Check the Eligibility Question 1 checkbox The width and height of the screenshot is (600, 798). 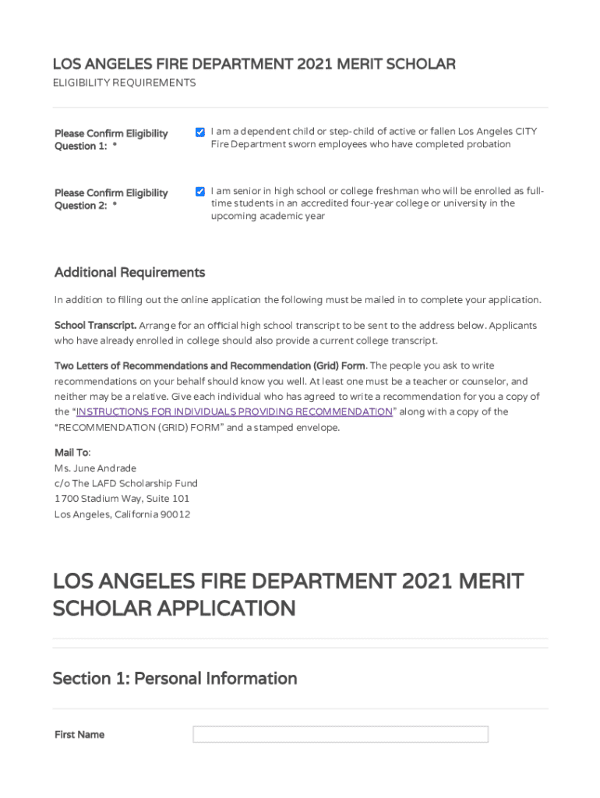click(x=200, y=132)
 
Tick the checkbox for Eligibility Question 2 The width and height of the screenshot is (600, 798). click(x=200, y=192)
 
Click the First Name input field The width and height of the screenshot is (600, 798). click(x=341, y=734)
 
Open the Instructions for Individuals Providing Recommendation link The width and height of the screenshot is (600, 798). click(x=234, y=411)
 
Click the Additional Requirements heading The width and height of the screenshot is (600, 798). click(x=129, y=273)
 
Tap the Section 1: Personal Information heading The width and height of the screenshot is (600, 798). click(x=175, y=679)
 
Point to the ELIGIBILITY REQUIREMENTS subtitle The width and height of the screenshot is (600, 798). click(x=124, y=83)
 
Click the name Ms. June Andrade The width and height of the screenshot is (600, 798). click(x=95, y=468)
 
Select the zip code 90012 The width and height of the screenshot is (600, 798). click(x=175, y=514)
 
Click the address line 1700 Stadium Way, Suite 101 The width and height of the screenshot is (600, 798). click(x=122, y=499)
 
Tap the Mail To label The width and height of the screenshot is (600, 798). click(x=72, y=452)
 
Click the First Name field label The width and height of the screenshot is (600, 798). click(x=79, y=735)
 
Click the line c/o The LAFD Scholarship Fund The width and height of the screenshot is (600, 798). click(x=125, y=483)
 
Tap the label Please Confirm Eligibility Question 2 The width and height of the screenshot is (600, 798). click(x=111, y=199)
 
